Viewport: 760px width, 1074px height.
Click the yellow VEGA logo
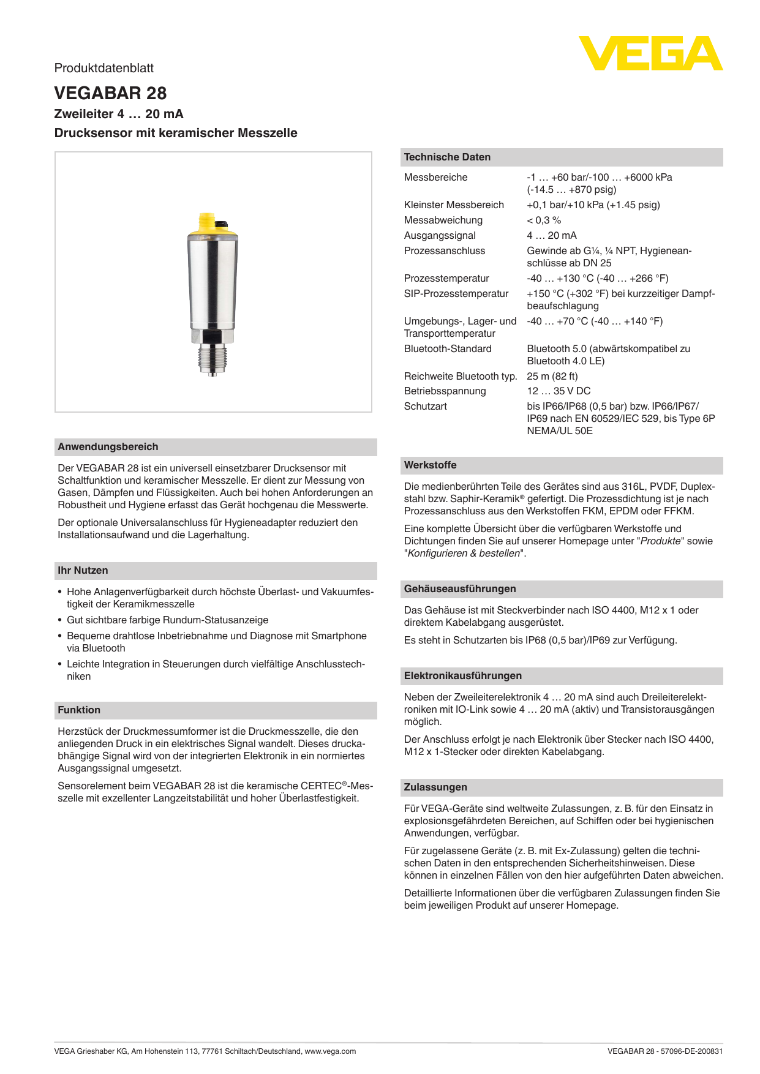point(650,53)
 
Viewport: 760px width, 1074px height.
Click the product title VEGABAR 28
point(110,93)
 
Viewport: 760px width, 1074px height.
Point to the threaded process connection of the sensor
point(212,358)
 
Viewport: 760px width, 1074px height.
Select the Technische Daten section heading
point(447,157)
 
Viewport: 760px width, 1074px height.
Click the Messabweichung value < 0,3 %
point(544,220)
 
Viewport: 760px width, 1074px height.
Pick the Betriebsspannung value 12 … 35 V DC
point(559,391)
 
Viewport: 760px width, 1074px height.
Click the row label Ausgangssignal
point(440,236)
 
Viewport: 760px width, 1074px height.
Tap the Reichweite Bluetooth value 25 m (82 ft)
point(552,377)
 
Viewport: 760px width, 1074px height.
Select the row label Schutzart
point(425,407)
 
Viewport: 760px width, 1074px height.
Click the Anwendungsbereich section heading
point(108,447)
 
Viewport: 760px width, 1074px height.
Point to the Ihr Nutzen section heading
point(83,571)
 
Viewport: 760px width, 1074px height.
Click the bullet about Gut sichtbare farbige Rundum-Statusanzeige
point(167,620)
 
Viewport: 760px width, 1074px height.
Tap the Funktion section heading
point(79,710)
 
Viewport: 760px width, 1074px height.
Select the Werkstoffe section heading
point(430,465)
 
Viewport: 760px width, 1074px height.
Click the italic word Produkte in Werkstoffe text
point(660,541)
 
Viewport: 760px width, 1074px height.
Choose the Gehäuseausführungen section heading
point(459,589)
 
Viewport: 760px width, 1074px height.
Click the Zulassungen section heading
point(435,787)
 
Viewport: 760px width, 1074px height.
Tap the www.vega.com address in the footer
point(330,1051)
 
